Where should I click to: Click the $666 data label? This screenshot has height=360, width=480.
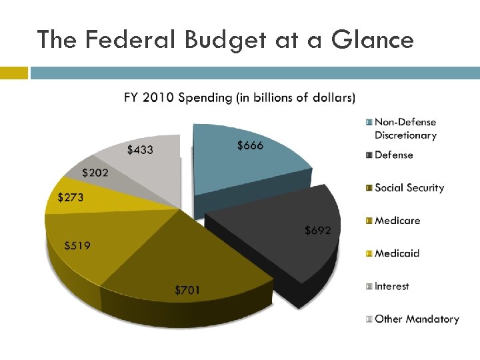(250, 145)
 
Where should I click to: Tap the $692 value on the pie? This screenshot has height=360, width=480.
(317, 230)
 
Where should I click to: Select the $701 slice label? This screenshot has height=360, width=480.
(187, 290)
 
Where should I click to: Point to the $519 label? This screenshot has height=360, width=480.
(77, 245)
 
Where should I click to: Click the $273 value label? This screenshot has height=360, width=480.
(71, 197)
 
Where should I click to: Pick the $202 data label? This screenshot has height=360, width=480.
(95, 173)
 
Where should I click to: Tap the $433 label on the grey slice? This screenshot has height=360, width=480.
(140, 150)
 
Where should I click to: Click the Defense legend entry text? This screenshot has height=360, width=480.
(394, 155)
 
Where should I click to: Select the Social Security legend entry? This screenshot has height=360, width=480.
(409, 188)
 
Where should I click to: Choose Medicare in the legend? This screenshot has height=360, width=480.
(397, 221)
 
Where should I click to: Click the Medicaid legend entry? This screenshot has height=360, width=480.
(397, 253)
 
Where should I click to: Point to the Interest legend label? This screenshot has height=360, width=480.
(392, 286)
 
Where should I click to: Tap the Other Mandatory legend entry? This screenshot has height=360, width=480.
(417, 319)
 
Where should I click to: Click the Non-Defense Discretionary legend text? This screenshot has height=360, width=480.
(405, 129)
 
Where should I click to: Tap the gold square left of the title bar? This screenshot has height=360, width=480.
(14, 73)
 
